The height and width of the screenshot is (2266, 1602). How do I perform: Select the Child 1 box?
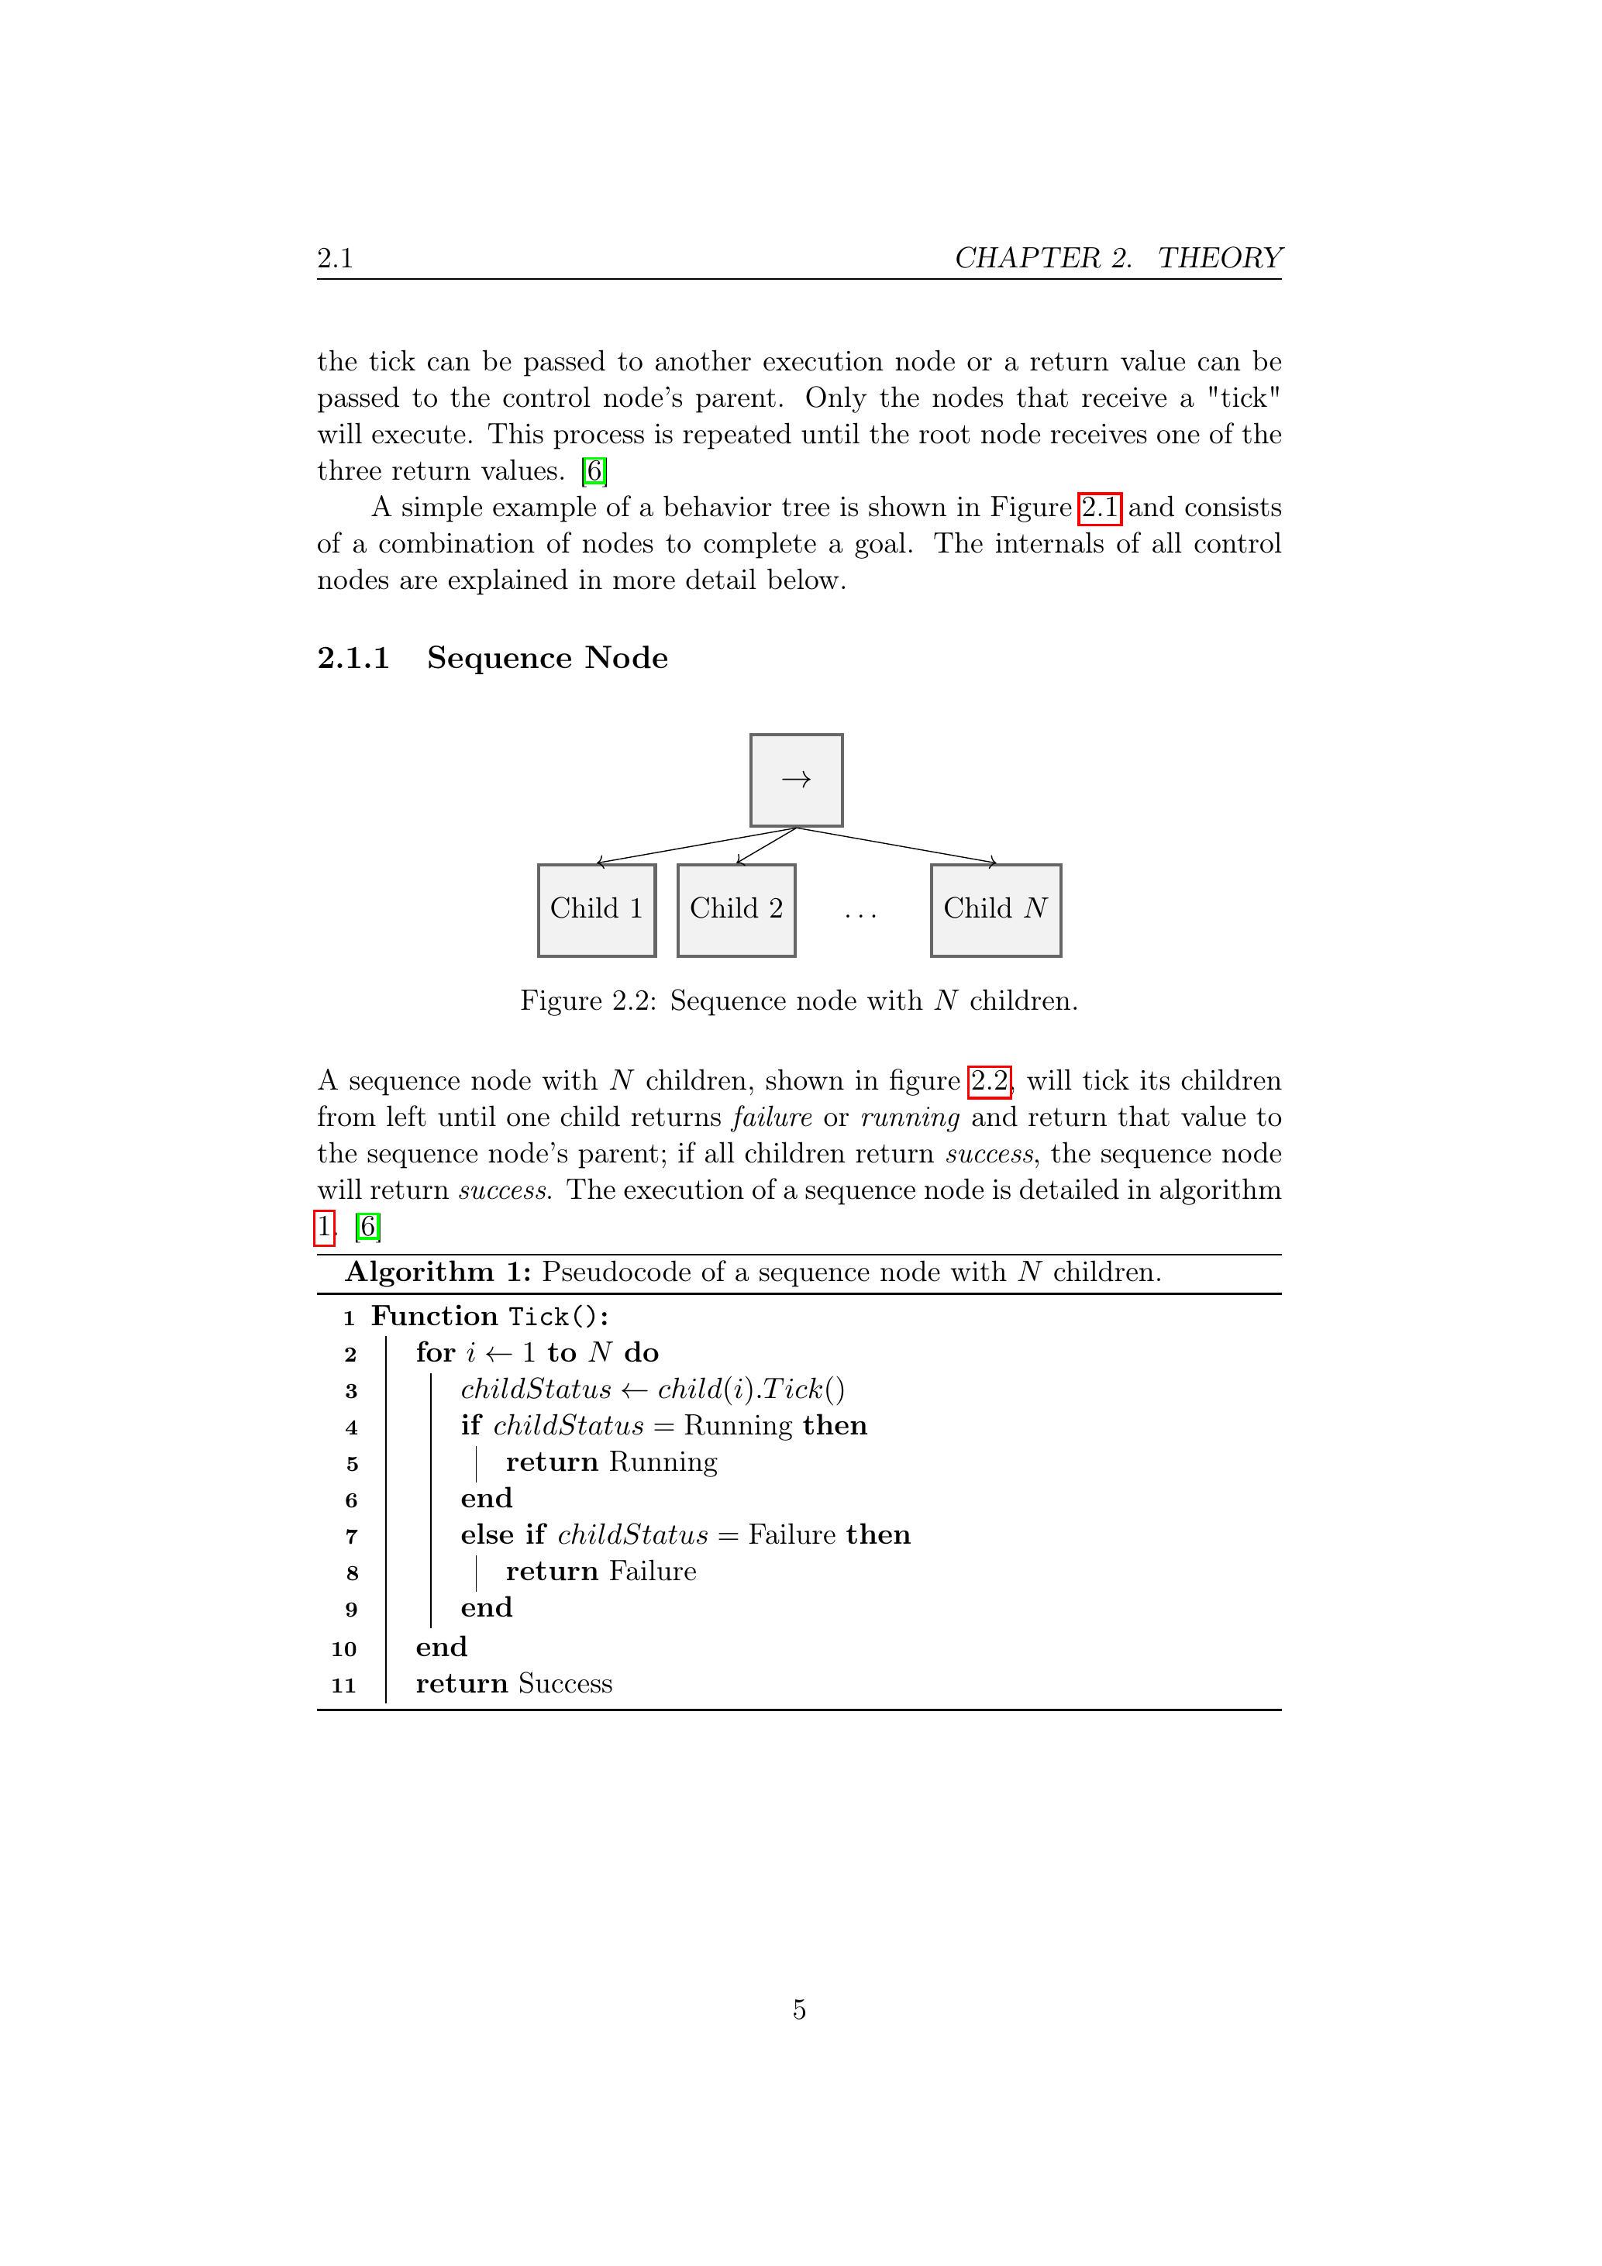[596, 910]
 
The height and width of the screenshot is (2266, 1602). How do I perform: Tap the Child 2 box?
[736, 910]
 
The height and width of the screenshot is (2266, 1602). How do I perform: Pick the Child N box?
[995, 910]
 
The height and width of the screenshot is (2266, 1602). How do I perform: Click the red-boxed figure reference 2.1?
[1098, 508]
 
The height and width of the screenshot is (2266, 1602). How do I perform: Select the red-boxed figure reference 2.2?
[989, 1082]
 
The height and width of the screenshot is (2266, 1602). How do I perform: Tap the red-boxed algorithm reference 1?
[324, 1227]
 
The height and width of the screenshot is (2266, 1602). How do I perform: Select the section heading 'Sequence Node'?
[547, 658]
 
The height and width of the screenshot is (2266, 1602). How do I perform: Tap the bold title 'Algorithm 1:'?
[438, 1272]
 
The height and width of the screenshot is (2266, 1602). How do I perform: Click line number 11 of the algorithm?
[343, 1685]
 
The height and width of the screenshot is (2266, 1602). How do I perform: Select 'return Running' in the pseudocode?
[611, 1462]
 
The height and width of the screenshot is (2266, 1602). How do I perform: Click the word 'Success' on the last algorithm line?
[564, 1684]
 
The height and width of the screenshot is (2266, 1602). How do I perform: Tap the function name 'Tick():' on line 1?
[559, 1317]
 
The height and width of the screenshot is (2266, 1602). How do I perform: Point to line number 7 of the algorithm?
[351, 1537]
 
